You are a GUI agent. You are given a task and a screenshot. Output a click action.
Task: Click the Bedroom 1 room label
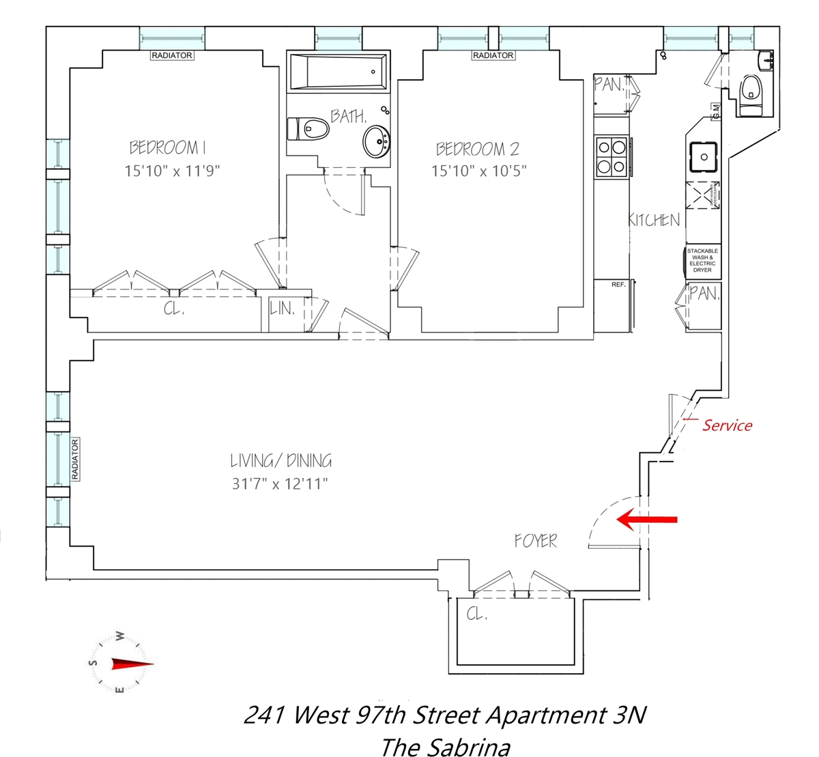point(167,147)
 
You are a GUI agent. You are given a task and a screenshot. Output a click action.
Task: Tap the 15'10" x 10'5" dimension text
point(478,171)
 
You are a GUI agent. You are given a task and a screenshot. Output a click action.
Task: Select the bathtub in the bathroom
point(337,72)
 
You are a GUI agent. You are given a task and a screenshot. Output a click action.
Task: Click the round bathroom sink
point(376,141)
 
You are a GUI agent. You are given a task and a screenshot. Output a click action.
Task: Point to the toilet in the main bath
point(308,128)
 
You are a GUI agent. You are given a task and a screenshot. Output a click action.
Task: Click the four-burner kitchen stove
point(612,156)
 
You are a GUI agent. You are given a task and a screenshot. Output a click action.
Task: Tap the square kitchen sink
point(704,156)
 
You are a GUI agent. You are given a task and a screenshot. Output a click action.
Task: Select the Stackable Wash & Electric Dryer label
point(702,261)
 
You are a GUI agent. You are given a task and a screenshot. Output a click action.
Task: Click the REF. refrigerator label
point(618,285)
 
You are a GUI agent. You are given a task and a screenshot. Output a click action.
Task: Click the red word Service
point(727,425)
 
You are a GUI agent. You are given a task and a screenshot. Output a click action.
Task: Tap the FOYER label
point(536,541)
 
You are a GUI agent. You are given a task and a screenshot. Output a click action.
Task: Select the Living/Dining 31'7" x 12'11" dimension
point(280,484)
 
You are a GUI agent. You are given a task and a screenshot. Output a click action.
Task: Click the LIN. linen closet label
point(282,309)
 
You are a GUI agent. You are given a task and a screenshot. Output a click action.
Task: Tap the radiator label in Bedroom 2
point(493,55)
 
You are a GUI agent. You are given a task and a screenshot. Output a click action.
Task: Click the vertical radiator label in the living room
point(75,459)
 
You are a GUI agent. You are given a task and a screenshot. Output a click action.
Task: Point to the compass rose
point(120,663)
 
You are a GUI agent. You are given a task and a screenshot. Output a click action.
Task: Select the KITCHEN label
point(654,220)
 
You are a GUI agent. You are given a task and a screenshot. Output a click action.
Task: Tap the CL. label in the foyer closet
point(477,614)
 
